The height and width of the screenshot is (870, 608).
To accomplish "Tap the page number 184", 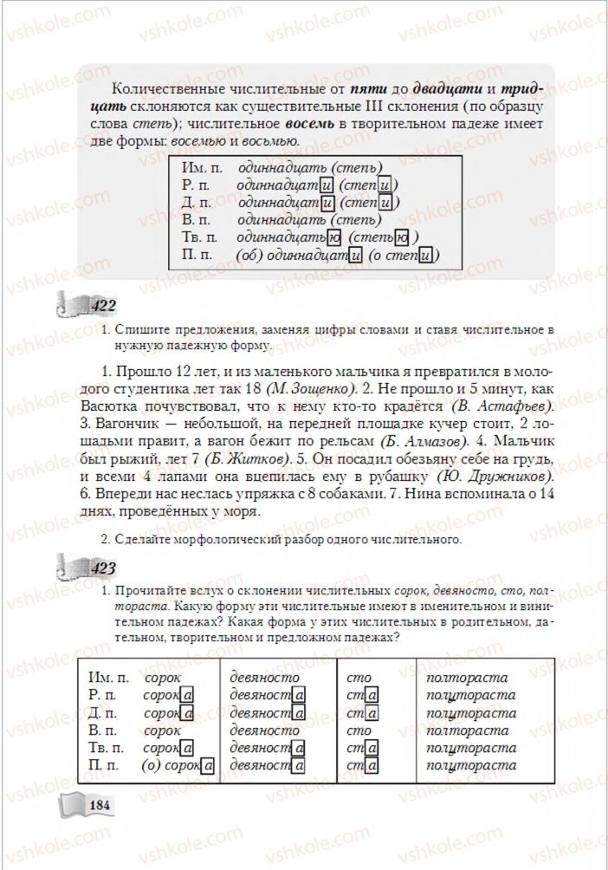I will (x=100, y=806).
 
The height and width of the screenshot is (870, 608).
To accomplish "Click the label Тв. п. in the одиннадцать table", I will (x=200, y=237).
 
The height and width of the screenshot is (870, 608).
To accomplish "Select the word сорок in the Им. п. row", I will (x=162, y=678).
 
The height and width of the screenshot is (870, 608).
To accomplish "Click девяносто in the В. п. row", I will (x=264, y=730).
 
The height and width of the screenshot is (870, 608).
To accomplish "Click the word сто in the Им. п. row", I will (x=358, y=678).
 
